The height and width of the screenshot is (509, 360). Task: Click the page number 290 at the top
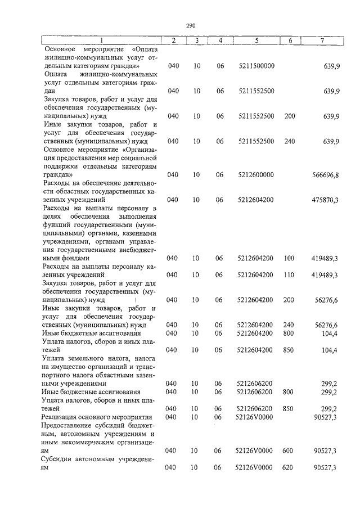pyautogui.click(x=190, y=26)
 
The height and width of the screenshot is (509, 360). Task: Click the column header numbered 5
pyautogui.click(x=256, y=40)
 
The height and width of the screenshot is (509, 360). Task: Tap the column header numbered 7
pyautogui.click(x=321, y=40)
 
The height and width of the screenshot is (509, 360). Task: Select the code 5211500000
pyautogui.click(x=256, y=66)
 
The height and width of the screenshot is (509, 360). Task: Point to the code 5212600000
pyautogui.click(x=256, y=175)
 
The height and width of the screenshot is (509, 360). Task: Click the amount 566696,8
pyautogui.click(x=325, y=175)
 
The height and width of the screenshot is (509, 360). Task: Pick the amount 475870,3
pyautogui.click(x=325, y=200)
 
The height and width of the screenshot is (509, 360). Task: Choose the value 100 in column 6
pyautogui.click(x=290, y=258)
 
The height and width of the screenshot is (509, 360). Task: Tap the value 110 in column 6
pyautogui.click(x=290, y=274)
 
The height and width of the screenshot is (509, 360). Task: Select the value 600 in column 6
pyautogui.click(x=290, y=451)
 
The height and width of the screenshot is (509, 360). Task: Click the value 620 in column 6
pyautogui.click(x=290, y=467)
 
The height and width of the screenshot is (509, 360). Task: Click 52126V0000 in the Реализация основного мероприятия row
pyautogui.click(x=256, y=417)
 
